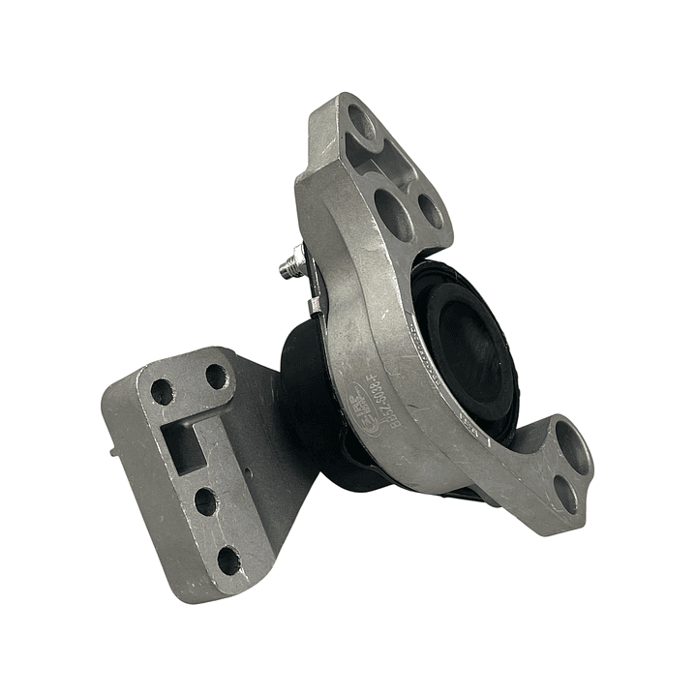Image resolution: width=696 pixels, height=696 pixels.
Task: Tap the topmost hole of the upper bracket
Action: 361,123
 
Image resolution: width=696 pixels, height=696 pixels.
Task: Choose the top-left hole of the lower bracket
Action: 162,392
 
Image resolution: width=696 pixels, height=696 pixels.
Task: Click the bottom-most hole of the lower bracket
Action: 228,560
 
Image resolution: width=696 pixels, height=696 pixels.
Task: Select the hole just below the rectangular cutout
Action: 205,501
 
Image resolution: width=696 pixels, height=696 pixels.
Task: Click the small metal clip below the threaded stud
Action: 315,307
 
